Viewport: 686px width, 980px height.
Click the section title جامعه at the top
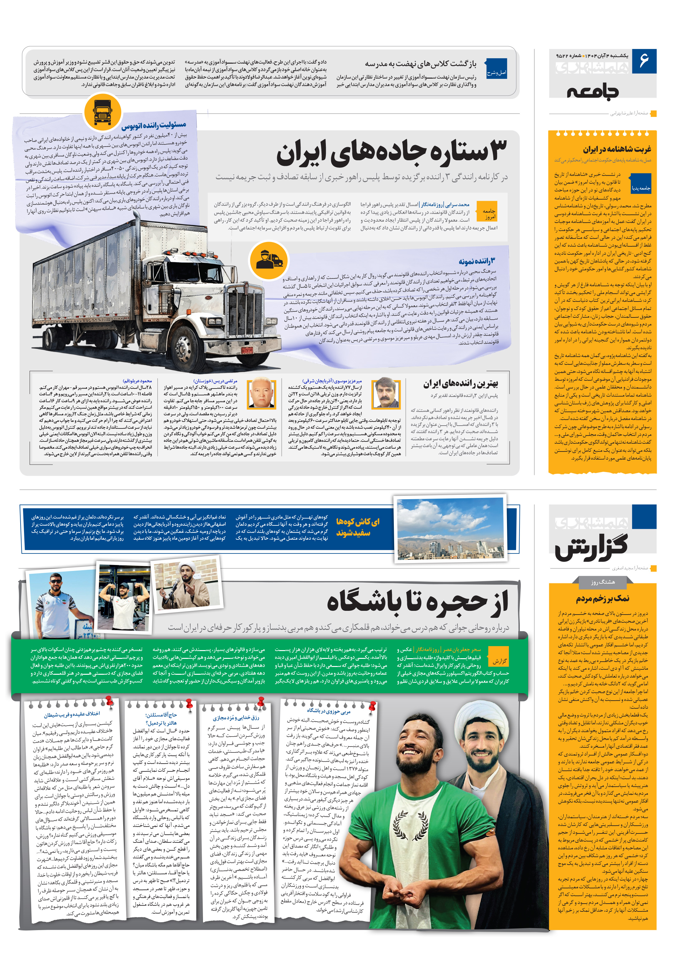point(592,91)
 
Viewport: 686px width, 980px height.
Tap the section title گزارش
point(591,547)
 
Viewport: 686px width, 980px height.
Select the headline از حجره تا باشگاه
point(417,602)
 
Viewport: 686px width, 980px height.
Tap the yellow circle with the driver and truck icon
point(269,260)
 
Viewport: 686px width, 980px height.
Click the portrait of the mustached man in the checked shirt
point(385,393)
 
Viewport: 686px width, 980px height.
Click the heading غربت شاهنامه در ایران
point(616,149)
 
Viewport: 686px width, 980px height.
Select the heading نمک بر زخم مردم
point(602,599)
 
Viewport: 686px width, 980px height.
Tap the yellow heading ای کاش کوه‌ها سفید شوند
point(357,527)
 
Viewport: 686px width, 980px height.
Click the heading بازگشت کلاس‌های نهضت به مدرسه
point(420,64)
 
